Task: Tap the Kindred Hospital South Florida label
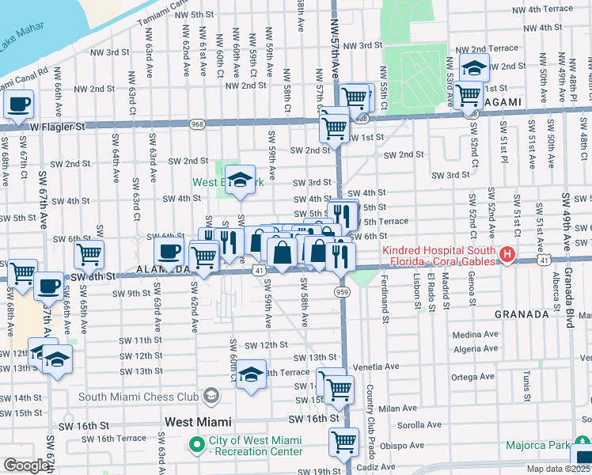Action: [439, 256]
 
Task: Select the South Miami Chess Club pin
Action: [211, 394]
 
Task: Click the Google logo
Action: [26, 465]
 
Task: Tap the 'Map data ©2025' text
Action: [557, 469]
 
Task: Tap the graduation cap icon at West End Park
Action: [241, 179]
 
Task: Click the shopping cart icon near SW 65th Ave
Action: [89, 254]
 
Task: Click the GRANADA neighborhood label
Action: [522, 314]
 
